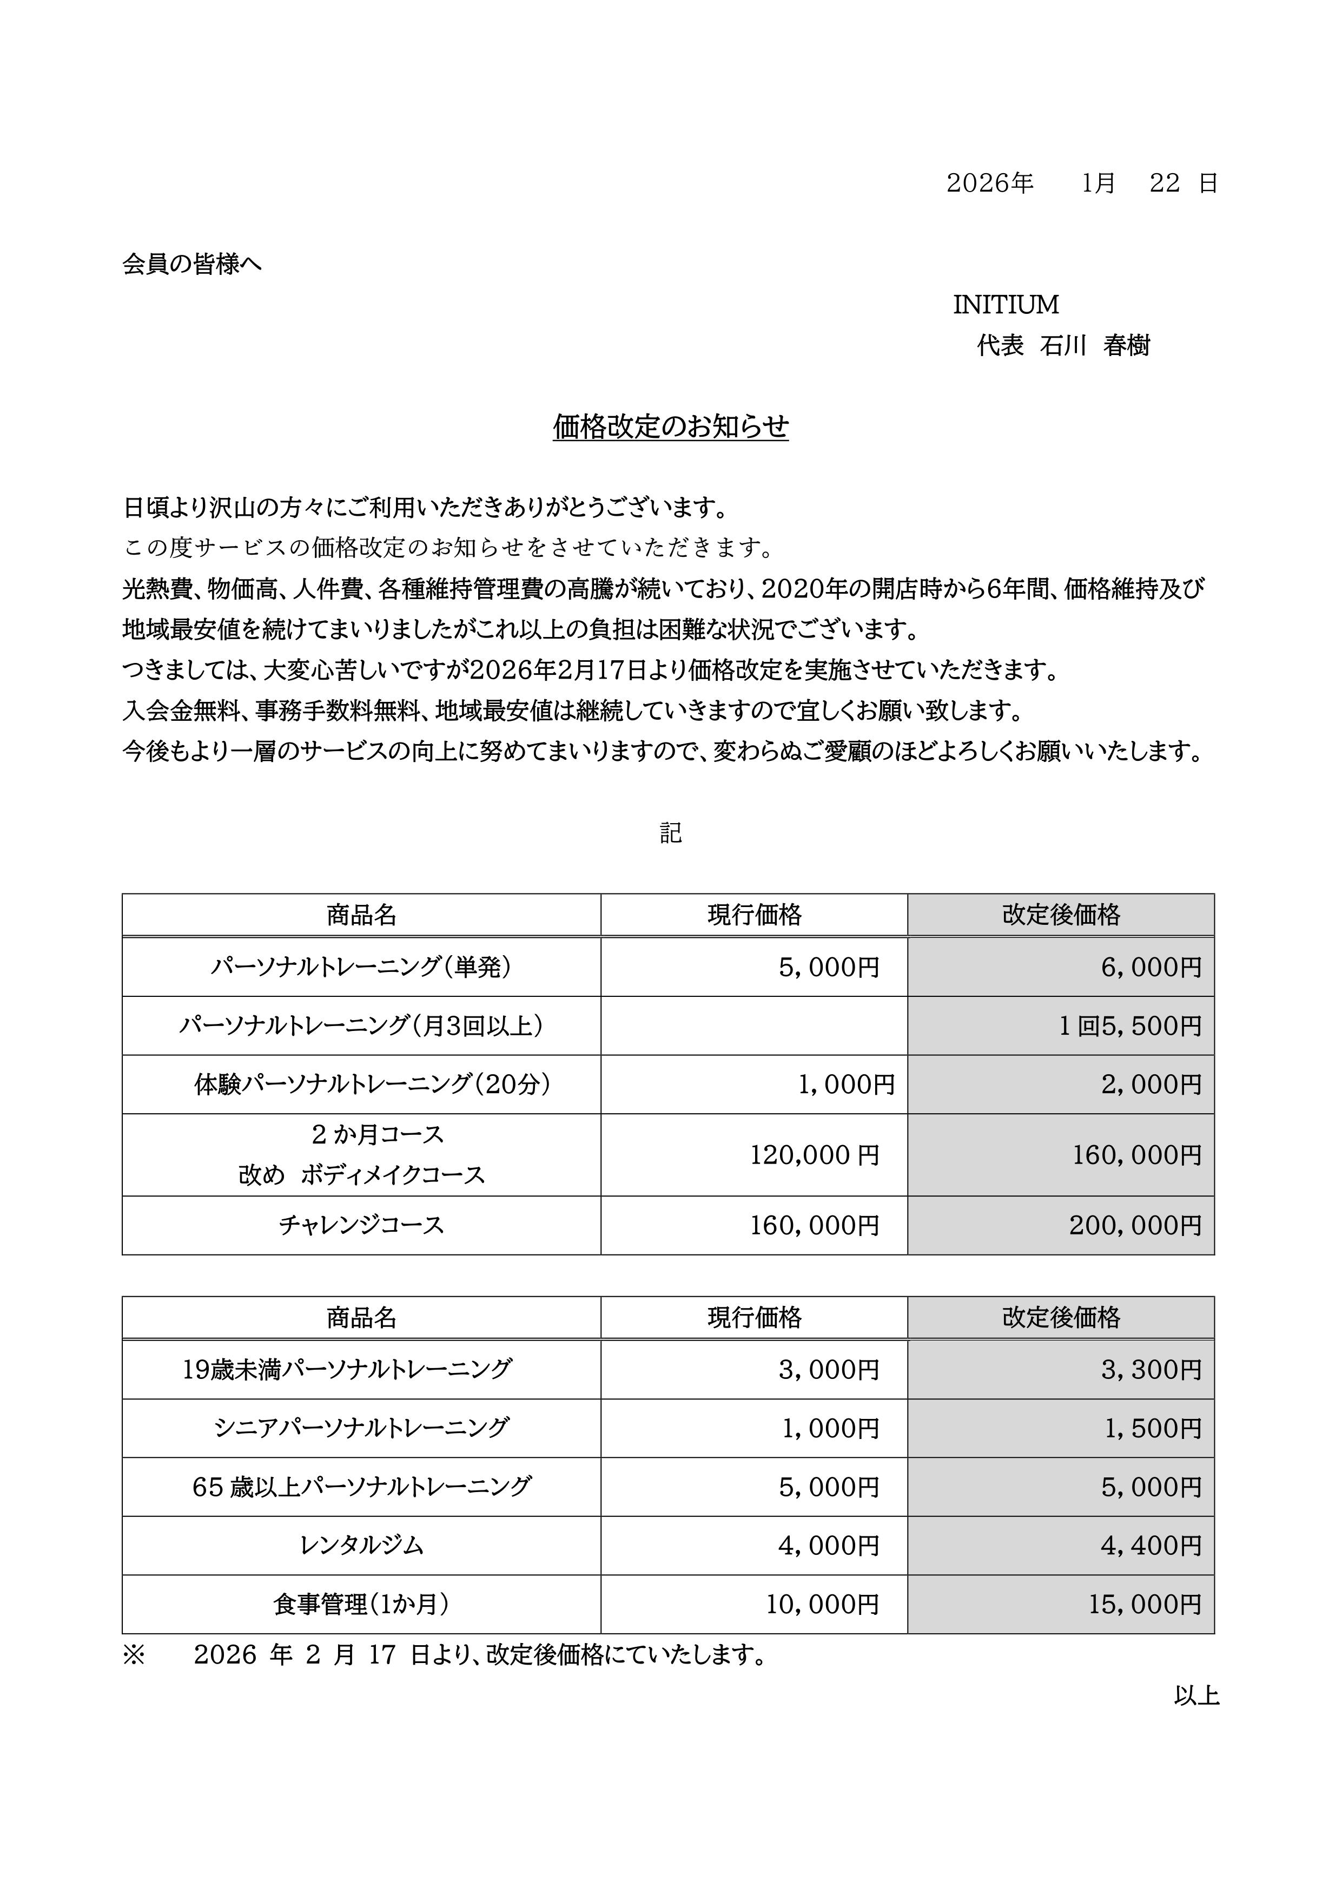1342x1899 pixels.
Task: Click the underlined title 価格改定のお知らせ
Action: pyautogui.click(x=671, y=427)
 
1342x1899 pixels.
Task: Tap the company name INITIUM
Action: pyautogui.click(x=1006, y=305)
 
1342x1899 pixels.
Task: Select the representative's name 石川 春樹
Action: pyautogui.click(x=1095, y=346)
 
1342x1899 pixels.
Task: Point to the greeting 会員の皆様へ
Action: pyautogui.click(x=192, y=264)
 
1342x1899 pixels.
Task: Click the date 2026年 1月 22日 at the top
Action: pyautogui.click(x=1081, y=183)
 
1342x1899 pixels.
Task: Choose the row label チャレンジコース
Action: pyautogui.click(x=361, y=1225)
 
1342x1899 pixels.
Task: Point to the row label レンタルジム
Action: pyautogui.click(x=361, y=1545)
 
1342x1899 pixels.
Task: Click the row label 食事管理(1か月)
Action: pyautogui.click(x=361, y=1604)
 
